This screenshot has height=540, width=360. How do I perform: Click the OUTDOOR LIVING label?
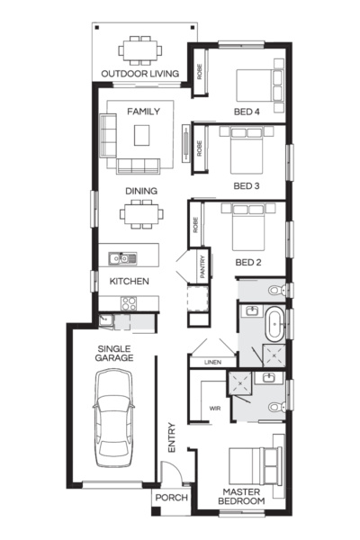139,73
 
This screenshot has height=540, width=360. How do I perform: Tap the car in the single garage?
113,415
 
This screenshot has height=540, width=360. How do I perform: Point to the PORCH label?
170,498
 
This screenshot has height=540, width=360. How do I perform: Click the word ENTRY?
173,438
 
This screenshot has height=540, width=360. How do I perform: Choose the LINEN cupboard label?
212,363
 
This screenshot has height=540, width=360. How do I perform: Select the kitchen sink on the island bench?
119,259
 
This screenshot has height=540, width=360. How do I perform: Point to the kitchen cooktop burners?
130,303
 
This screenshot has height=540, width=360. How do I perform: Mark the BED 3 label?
247,186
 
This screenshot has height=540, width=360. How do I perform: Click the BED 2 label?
247,262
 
